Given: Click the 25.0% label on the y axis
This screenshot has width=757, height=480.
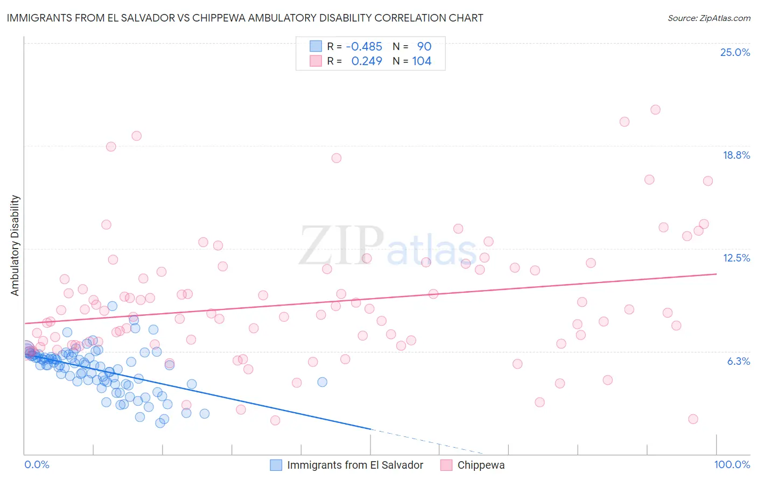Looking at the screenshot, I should (x=735, y=52).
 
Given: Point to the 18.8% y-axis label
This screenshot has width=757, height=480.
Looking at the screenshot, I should (x=736, y=155).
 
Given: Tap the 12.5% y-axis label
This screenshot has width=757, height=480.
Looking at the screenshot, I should (x=736, y=258).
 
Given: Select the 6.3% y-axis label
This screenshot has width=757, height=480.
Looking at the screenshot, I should (x=738, y=361).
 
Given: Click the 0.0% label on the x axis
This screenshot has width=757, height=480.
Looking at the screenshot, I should (x=37, y=464).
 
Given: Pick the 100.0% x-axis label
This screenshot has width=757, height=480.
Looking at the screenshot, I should (x=732, y=464).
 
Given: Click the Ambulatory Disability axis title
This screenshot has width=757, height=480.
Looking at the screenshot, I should (x=15, y=245).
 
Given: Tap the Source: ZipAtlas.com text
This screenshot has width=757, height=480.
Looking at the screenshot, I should (x=709, y=18).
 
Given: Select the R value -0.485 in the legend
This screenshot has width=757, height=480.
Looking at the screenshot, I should (x=364, y=47).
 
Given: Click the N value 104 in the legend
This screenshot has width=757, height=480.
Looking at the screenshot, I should (x=422, y=61).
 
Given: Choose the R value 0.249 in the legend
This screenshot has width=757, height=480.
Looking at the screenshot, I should (x=367, y=61).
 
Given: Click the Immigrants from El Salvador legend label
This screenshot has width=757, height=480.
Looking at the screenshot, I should (x=355, y=465).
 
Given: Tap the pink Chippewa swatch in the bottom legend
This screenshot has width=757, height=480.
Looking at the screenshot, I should (x=446, y=465).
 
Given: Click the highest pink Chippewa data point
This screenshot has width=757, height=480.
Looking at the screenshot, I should (x=655, y=110).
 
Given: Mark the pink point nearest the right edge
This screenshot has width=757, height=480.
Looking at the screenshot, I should (x=708, y=181).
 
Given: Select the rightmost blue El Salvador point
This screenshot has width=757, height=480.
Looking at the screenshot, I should (x=322, y=382).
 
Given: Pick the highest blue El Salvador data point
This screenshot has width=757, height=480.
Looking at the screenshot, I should (x=113, y=306).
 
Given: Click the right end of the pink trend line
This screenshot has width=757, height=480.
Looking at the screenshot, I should (x=716, y=274).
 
